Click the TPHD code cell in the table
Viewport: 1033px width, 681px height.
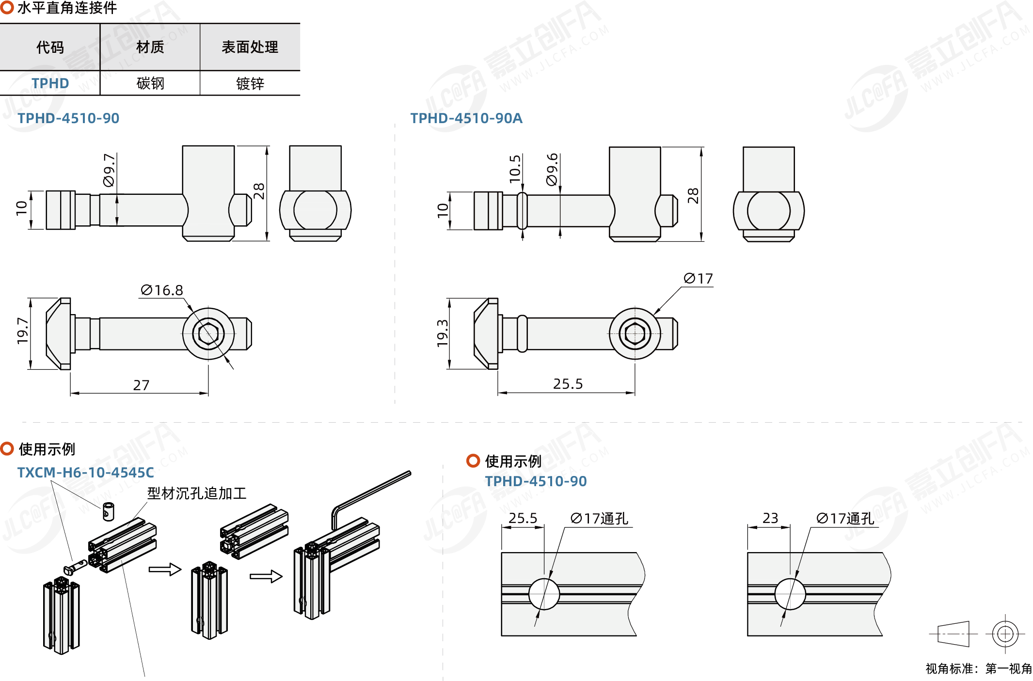coord(50,83)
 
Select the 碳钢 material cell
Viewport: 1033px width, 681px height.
coord(150,83)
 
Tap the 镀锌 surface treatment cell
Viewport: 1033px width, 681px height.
coord(250,83)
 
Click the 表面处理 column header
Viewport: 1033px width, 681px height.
coord(250,47)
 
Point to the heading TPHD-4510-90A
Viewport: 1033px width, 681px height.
coord(466,118)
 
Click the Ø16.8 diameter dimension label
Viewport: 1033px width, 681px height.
coord(162,290)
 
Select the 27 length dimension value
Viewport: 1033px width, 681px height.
coord(141,385)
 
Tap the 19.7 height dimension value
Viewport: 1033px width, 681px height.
coord(22,331)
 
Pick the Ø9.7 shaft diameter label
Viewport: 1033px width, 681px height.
coord(110,170)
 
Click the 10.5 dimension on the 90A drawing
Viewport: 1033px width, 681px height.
coord(515,169)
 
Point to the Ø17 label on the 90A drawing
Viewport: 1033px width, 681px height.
coord(699,279)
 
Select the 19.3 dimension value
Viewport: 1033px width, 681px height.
coord(442,333)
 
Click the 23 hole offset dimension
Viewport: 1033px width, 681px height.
coord(770,518)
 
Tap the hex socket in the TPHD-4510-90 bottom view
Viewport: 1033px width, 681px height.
coord(208,333)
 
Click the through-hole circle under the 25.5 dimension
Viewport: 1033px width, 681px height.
coord(544,594)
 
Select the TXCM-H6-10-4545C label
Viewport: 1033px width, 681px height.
coord(85,473)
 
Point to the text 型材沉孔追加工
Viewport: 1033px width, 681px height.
coord(197,493)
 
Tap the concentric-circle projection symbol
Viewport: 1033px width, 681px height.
coord(1005,633)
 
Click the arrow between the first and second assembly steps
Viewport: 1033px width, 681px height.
coord(165,569)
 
